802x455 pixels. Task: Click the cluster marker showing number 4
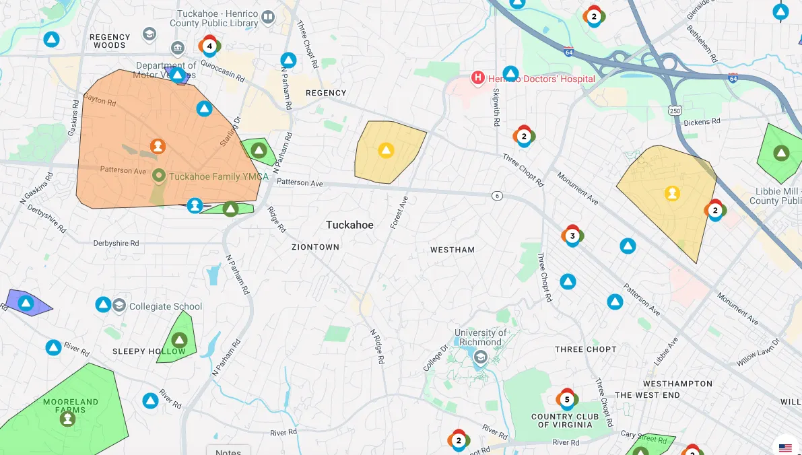tap(209, 46)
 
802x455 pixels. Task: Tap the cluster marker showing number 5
tap(567, 400)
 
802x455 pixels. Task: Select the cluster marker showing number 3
tap(572, 236)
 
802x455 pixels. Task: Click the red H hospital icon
tap(478, 79)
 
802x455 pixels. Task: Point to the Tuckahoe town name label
tap(349, 225)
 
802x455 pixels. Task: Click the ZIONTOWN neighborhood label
tap(315, 247)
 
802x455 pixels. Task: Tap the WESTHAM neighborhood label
tap(453, 250)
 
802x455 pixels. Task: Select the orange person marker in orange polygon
tap(158, 146)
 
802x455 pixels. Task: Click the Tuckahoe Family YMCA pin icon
tap(159, 176)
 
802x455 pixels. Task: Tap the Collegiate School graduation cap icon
tap(119, 306)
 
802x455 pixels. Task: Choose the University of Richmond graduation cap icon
tap(480, 357)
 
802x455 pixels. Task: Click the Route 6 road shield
tap(497, 196)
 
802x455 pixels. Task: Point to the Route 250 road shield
tap(674, 110)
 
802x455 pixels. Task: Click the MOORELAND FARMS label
tap(71, 405)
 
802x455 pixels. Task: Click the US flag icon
tap(785, 448)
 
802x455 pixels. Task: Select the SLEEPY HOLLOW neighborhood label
tap(149, 351)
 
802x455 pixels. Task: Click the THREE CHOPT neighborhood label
tap(585, 349)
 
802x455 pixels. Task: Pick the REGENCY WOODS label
tap(110, 41)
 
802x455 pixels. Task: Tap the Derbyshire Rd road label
tap(116, 243)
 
